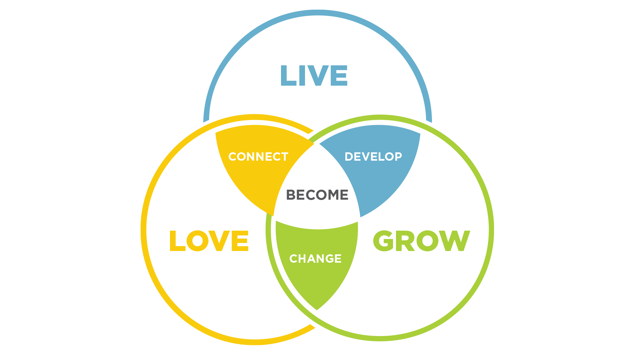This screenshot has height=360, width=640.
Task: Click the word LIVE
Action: coord(314,76)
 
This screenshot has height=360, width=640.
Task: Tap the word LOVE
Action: coord(209,241)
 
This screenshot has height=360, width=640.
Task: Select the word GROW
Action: coord(421,241)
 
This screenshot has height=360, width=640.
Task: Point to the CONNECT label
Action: coord(258,157)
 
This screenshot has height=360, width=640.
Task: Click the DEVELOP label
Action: coord(373,157)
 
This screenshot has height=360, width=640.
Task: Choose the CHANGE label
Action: coord(315,259)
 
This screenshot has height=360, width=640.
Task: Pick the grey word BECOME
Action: coord(317,195)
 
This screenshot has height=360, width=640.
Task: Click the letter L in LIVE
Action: coord(288,76)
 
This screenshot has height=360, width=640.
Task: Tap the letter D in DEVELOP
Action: coord(349,157)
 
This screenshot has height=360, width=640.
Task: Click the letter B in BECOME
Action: coord(291,195)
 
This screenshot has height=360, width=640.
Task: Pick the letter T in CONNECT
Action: coord(284,157)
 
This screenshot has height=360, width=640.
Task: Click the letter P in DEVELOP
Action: coord(398,157)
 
